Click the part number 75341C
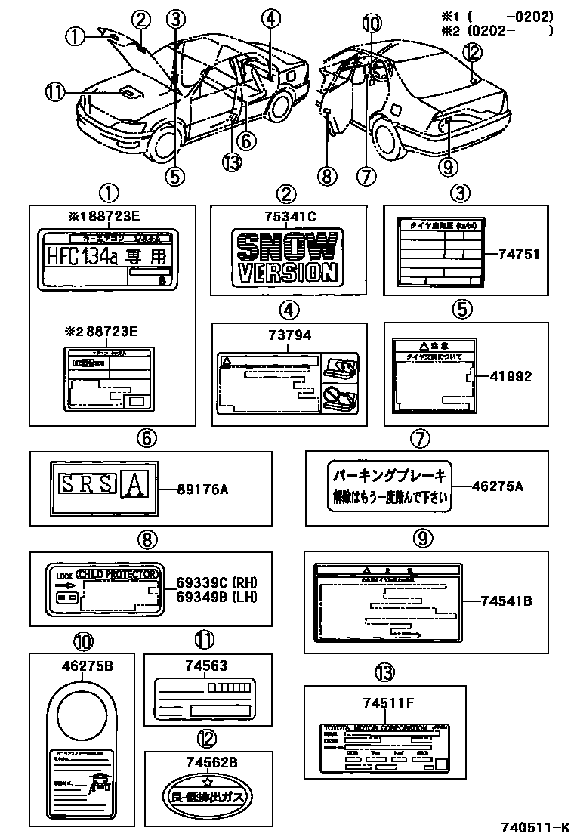pyautogui.click(x=285, y=216)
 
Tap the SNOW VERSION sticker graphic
pyautogui.click(x=285, y=257)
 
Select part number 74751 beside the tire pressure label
pyautogui.click(x=520, y=254)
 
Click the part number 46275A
pyautogui.click(x=497, y=486)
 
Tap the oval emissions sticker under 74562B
pyautogui.click(x=206, y=796)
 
